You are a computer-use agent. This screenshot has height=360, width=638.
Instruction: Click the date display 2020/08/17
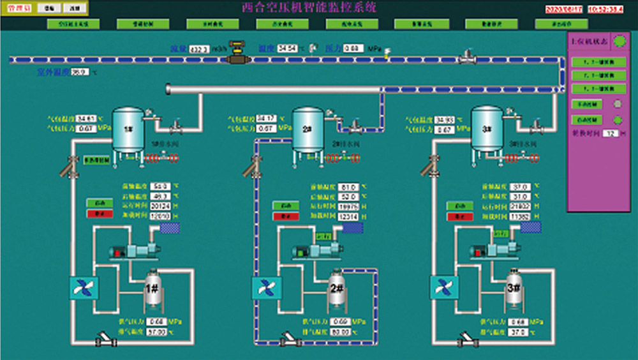(x=564, y=9)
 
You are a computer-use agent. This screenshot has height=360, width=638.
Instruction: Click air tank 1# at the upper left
(x=128, y=130)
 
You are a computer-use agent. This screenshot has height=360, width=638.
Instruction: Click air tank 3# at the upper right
(x=487, y=130)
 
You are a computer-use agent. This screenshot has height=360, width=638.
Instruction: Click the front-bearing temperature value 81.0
(x=348, y=187)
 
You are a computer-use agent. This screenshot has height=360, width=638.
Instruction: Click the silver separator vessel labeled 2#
(x=336, y=290)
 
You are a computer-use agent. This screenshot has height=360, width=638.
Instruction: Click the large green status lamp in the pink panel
(x=619, y=41)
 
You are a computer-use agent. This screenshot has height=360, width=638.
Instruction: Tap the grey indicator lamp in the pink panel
(x=617, y=103)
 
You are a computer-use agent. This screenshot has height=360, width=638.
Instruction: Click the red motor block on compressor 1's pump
(x=119, y=253)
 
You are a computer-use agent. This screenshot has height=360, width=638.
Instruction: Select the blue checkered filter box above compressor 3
(x=530, y=227)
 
